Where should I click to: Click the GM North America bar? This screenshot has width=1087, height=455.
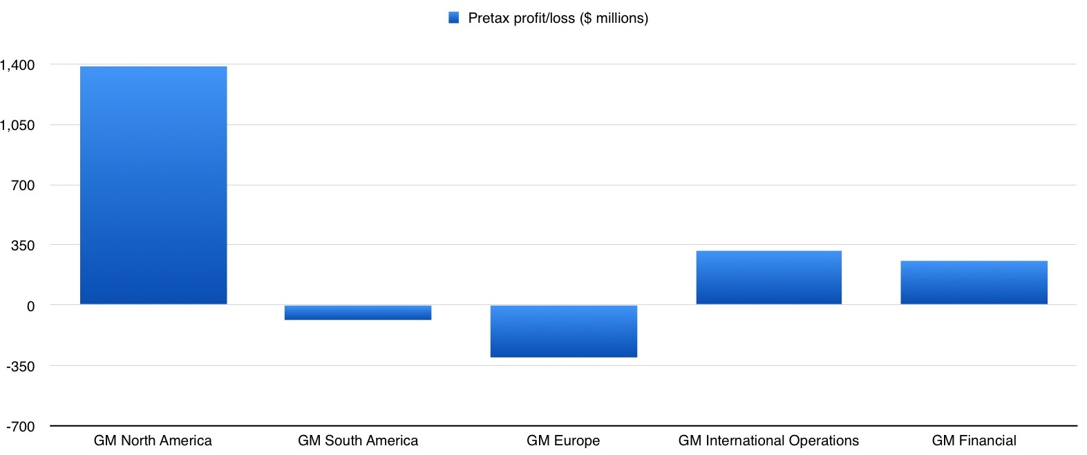(153, 185)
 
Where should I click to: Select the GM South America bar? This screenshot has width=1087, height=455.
(358, 313)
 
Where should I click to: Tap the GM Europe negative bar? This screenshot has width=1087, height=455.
(563, 331)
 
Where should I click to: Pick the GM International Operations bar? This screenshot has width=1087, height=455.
(768, 277)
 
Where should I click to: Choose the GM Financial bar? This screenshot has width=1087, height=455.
(974, 282)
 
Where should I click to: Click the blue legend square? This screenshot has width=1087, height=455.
(454, 18)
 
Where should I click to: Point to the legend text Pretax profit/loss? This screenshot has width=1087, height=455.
(521, 18)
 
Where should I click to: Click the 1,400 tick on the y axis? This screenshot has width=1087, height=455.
(17, 65)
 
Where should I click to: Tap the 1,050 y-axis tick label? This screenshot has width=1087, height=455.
(17, 125)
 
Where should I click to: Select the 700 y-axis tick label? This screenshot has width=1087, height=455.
(22, 185)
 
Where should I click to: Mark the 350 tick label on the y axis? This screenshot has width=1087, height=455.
(22, 245)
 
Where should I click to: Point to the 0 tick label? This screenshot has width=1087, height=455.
(30, 306)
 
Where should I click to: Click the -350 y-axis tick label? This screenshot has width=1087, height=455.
(20, 366)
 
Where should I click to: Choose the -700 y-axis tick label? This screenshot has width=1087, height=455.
(20, 427)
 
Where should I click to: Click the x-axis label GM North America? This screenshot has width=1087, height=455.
(153, 440)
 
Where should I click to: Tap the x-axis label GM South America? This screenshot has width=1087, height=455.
(358, 440)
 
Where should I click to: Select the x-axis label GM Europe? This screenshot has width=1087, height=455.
(563, 440)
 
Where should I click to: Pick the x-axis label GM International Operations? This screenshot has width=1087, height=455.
(768, 440)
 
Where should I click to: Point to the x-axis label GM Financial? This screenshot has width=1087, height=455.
(974, 440)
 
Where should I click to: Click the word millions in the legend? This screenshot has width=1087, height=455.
(619, 18)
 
